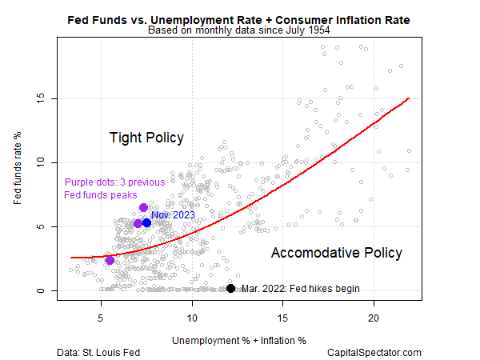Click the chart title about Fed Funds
pyautogui.click(x=239, y=18)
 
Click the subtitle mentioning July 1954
pyautogui.click(x=239, y=31)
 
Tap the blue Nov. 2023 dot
pyautogui.click(x=147, y=222)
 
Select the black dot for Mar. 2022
pyautogui.click(x=230, y=288)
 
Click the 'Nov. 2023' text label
pyautogui.click(x=174, y=215)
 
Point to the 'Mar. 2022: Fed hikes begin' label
pyautogui.click(x=300, y=289)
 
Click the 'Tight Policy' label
pyautogui.click(x=146, y=138)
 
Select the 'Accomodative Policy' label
pyautogui.click(x=336, y=253)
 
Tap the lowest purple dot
pyautogui.click(x=110, y=260)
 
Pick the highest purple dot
pyautogui.click(x=143, y=207)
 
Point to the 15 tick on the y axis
pyautogui.click(x=47, y=99)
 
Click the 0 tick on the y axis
pyautogui.click(x=47, y=290)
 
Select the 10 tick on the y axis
pyautogui.click(x=47, y=162)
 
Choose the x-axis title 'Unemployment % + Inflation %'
pyautogui.click(x=238, y=340)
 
